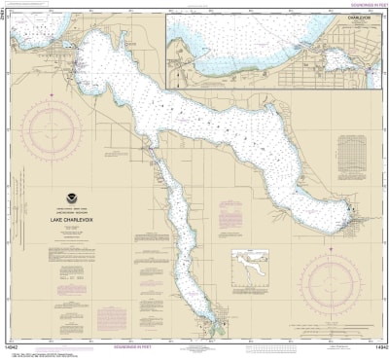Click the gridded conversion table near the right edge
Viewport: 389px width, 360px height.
click(x=350, y=156)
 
